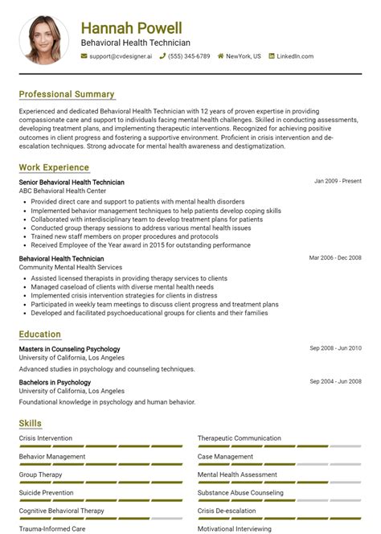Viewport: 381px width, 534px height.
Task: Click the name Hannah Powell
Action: pyautogui.click(x=131, y=28)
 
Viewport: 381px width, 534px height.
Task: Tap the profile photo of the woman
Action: pyautogui.click(x=44, y=39)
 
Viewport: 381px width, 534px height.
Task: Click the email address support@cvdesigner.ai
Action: pyautogui.click(x=121, y=56)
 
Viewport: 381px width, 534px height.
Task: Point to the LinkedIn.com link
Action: pyautogui.click(x=294, y=56)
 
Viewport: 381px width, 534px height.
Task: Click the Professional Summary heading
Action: pyautogui.click(x=67, y=94)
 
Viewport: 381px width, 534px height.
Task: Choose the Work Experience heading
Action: pyautogui.click(x=54, y=167)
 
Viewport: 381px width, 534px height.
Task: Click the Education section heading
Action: pyautogui.click(x=40, y=334)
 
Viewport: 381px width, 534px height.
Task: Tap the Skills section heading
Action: pyautogui.click(x=31, y=423)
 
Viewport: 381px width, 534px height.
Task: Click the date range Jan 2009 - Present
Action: pyautogui.click(x=338, y=182)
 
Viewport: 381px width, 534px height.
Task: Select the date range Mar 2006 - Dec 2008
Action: pyautogui.click(x=335, y=257)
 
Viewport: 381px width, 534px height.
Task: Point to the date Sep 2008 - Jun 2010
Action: pyautogui.click(x=335, y=348)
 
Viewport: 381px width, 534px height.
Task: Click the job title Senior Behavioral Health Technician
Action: pyautogui.click(x=72, y=183)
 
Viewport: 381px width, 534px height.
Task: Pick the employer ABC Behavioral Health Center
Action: pyautogui.click(x=63, y=191)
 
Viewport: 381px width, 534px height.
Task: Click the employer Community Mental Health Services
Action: pyautogui.click(x=71, y=267)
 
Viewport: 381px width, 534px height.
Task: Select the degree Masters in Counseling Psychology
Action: pyautogui.click(x=69, y=349)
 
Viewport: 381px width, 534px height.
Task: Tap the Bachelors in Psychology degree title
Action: pyautogui.click(x=55, y=382)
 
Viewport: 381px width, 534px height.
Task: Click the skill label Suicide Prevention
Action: pyautogui.click(x=46, y=493)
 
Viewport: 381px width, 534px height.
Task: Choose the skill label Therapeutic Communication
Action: pyautogui.click(x=240, y=438)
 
